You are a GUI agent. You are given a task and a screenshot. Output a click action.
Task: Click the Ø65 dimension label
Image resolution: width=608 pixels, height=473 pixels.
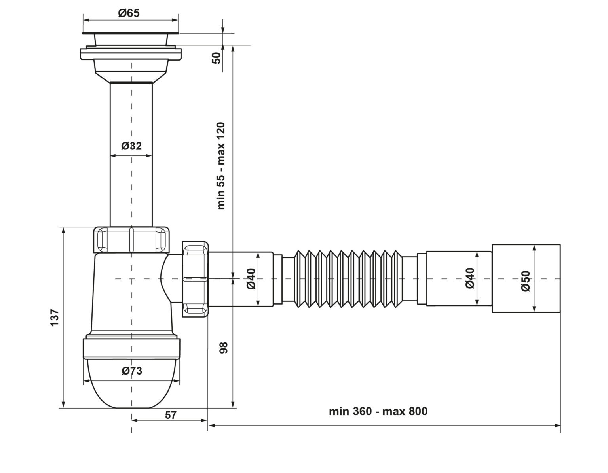[129, 13]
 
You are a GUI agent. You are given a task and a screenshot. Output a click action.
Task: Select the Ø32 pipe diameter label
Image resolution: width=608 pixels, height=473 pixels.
[131, 146]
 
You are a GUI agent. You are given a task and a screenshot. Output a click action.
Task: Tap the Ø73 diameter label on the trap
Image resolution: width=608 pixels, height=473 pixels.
[132, 371]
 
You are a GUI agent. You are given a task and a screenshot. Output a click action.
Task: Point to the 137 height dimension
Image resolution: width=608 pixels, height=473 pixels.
[55, 317]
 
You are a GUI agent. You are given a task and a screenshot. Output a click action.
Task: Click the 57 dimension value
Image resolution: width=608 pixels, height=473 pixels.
[171, 415]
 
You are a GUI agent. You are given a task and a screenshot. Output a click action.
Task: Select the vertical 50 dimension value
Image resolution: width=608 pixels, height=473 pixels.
[217, 58]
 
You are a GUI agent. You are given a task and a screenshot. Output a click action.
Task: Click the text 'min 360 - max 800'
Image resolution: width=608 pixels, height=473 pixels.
[378, 411]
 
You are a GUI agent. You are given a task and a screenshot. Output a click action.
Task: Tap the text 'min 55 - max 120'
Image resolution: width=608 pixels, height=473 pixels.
[221, 166]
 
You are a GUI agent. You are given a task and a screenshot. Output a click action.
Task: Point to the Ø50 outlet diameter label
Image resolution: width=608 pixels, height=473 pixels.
[526, 281]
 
